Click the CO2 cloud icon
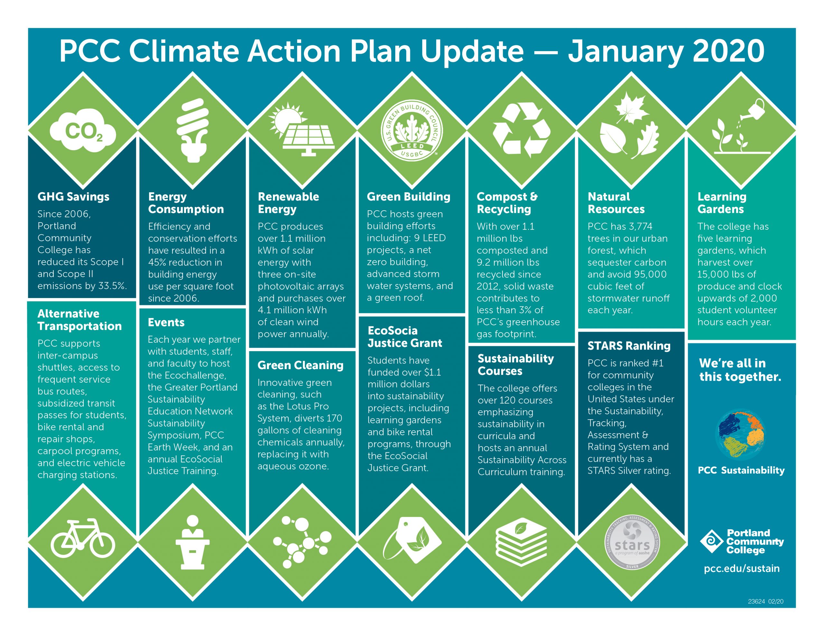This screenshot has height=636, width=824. coord(83,131)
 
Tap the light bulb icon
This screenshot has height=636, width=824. coord(193,130)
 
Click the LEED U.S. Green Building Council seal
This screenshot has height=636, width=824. coord(412,131)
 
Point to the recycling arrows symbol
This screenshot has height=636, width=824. coord(521,131)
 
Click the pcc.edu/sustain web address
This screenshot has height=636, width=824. coord(742,568)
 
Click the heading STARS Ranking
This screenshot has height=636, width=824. coord(629,346)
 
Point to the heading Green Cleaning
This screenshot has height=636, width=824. coord(300,365)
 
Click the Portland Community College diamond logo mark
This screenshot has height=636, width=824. coord(712,541)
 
